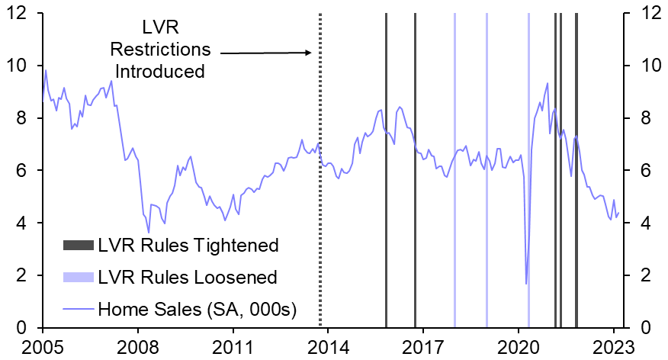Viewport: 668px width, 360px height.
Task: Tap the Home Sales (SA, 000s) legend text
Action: click(198, 309)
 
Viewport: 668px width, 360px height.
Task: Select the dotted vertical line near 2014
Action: click(320, 191)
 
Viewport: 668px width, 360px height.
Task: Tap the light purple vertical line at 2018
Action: click(454, 229)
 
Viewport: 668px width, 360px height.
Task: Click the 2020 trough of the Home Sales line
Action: click(526, 284)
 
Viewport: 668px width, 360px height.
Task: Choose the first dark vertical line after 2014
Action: click(386, 229)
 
